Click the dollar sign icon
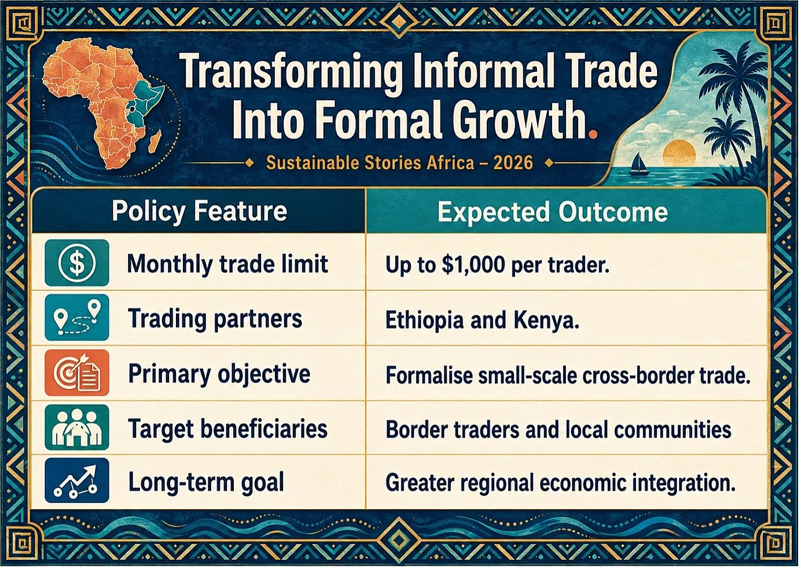[x=77, y=263]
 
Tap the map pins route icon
[x=77, y=317]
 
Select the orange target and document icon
[x=77, y=373]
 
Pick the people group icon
[x=77, y=427]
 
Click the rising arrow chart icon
[x=77, y=480]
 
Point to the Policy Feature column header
[x=199, y=211]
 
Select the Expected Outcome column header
[x=553, y=212]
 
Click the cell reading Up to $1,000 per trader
[x=497, y=265]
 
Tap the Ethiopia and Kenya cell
[x=482, y=320]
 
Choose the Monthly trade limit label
[x=227, y=264]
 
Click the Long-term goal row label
[x=206, y=482]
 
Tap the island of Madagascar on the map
[x=155, y=141]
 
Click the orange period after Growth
[x=593, y=134]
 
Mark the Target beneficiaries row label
[x=227, y=428]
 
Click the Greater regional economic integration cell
[x=560, y=482]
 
